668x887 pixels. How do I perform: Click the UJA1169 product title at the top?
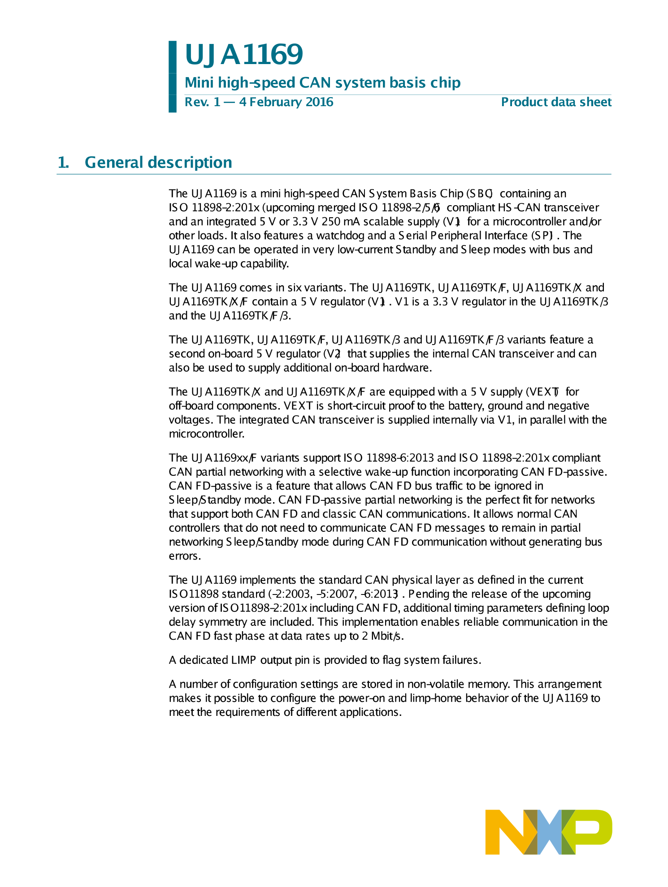coord(244,55)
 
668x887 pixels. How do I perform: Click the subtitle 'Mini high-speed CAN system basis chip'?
coord(322,83)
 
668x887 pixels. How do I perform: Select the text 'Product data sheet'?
coord(556,102)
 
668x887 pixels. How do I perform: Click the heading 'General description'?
coord(158,162)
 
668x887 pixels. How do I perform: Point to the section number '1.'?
coord(63,162)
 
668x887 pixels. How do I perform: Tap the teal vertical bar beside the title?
coord(173,76)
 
